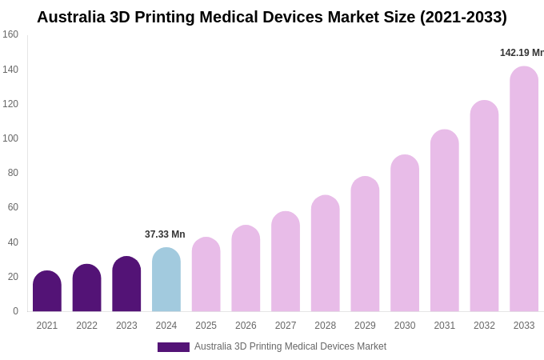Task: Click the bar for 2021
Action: (47, 292)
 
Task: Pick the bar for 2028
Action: (326, 254)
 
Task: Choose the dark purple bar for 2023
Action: (126, 285)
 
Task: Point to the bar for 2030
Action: (405, 234)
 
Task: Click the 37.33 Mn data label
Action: (165, 234)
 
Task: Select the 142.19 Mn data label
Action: (522, 53)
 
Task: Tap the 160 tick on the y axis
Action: (10, 34)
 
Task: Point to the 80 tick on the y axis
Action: (13, 173)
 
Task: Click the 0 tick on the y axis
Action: (15, 311)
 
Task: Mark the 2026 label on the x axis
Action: (246, 326)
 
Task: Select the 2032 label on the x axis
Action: (484, 326)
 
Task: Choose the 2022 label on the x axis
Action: (86, 326)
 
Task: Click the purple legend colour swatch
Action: (173, 347)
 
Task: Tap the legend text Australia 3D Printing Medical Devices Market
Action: (290, 346)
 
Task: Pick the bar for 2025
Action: (206, 275)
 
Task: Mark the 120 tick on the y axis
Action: (10, 104)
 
